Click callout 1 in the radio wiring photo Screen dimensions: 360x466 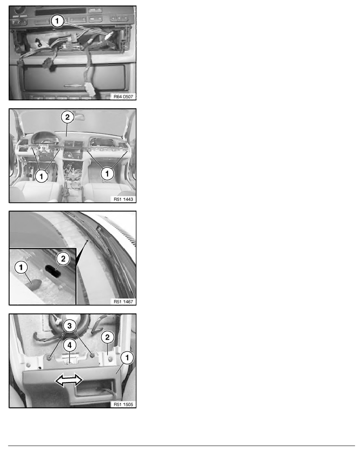pyautogui.click(x=57, y=21)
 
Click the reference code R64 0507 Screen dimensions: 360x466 pyautogui.click(x=123, y=96)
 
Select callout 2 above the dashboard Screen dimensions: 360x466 pyautogui.click(x=67, y=117)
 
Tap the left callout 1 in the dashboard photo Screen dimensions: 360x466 pyautogui.click(x=41, y=176)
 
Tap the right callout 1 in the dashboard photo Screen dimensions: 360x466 pyautogui.click(x=107, y=173)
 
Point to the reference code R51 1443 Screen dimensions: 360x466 pyautogui.click(x=123, y=199)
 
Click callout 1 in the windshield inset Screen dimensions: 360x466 pyautogui.click(x=21, y=267)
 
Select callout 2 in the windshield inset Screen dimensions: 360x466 pyautogui.click(x=63, y=258)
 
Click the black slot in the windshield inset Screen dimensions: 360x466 pyautogui.click(x=53, y=271)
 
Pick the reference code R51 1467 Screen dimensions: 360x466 pyautogui.click(x=123, y=301)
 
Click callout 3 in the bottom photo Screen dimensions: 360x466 pyautogui.click(x=69, y=326)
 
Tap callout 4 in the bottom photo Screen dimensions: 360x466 pyautogui.click(x=69, y=345)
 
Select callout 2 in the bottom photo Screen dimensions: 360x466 pyautogui.click(x=107, y=337)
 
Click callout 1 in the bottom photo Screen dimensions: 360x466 pyautogui.click(x=127, y=357)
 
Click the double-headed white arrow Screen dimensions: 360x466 pyautogui.click(x=69, y=380)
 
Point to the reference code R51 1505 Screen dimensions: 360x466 pyautogui.click(x=123, y=404)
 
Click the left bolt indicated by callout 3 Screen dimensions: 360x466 pyautogui.click(x=49, y=356)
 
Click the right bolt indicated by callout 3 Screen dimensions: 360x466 pyautogui.click(x=92, y=355)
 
